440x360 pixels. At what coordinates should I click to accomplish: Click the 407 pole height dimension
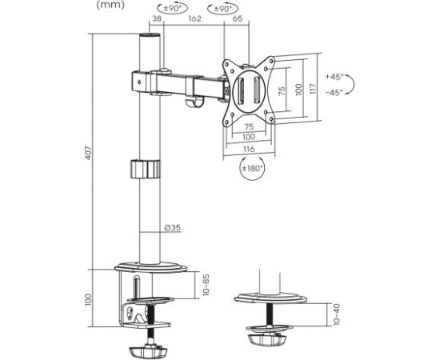point(89,153)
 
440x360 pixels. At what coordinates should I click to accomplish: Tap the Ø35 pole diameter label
point(172,227)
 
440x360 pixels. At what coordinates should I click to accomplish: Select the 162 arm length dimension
point(194,18)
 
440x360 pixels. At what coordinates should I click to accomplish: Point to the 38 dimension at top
point(157,18)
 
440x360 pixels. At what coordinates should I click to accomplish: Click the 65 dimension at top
point(238,18)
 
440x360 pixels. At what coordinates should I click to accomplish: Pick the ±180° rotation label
point(253,168)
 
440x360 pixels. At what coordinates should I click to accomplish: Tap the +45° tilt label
point(334,77)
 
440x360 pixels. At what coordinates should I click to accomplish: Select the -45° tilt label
point(334,92)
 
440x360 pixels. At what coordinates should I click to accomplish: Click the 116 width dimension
point(249,149)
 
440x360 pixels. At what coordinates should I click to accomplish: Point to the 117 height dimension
point(314,88)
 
